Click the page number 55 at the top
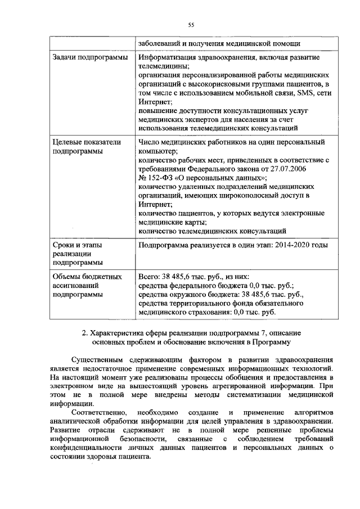pos(191,25)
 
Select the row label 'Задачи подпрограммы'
pos(87,57)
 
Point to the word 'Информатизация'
pos(169,57)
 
